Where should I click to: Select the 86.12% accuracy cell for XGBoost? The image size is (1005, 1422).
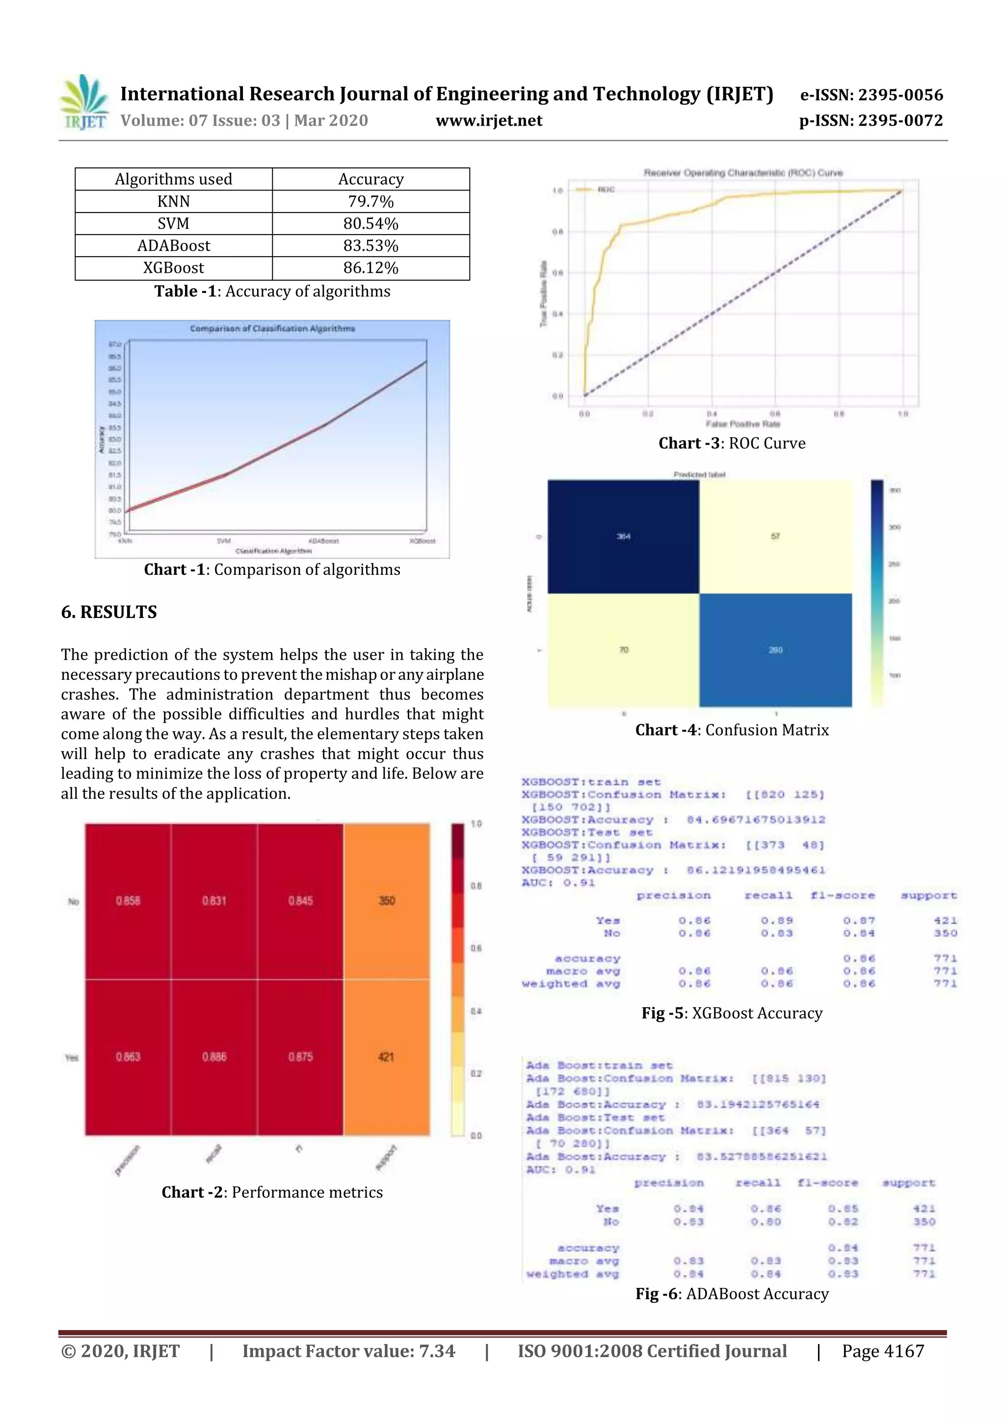pyautogui.click(x=370, y=268)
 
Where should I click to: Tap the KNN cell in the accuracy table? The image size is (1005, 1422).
pyautogui.click(x=173, y=202)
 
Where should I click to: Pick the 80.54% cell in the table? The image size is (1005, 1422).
pyautogui.click(x=370, y=223)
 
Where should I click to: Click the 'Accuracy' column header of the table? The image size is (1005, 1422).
pyautogui.click(x=370, y=180)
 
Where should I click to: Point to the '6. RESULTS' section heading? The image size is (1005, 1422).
pyautogui.click(x=109, y=612)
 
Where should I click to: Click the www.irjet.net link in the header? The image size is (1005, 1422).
pyautogui.click(x=489, y=121)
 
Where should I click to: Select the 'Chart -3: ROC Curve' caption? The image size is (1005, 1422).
pyautogui.click(x=731, y=443)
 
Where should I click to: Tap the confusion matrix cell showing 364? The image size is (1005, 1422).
pyautogui.click(x=623, y=537)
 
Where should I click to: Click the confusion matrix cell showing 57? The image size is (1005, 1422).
pyautogui.click(x=775, y=537)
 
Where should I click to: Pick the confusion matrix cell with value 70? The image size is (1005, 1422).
pyautogui.click(x=623, y=650)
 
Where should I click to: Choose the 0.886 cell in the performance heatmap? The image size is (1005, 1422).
pyautogui.click(x=214, y=1057)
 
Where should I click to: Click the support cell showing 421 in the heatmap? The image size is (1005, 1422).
pyautogui.click(x=386, y=1057)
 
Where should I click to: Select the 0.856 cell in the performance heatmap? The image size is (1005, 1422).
pyautogui.click(x=128, y=901)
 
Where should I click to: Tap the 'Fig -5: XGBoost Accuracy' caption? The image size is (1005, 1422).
pyautogui.click(x=731, y=1013)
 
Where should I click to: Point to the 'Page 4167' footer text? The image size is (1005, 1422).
pyautogui.click(x=882, y=1351)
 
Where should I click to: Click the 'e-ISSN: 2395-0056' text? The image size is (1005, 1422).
pyautogui.click(x=871, y=95)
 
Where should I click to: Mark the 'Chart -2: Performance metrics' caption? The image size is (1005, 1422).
pyautogui.click(x=272, y=1192)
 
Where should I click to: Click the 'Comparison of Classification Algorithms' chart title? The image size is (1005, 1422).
pyautogui.click(x=272, y=328)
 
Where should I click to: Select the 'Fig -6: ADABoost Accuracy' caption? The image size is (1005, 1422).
pyautogui.click(x=731, y=1294)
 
